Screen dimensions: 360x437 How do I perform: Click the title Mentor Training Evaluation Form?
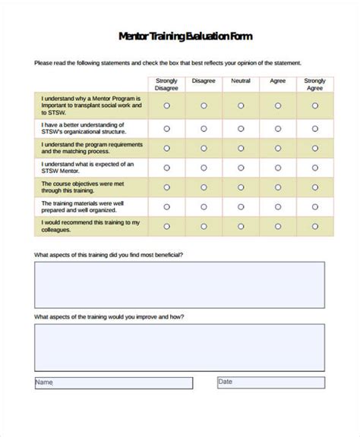point(185,36)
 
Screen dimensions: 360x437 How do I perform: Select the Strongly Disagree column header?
point(166,83)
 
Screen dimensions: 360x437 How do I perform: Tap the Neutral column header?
point(240,80)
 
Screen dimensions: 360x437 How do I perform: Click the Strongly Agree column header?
point(314,83)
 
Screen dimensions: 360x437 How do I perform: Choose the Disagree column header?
point(204,80)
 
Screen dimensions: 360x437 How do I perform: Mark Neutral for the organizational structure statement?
point(240,128)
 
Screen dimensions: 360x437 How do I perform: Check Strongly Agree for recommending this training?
point(314,225)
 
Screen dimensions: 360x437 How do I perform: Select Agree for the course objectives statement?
point(277,186)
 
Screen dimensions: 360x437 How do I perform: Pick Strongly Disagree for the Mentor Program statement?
point(166,105)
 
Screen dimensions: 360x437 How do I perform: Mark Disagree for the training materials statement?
point(204,206)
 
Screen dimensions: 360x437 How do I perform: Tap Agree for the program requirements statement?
point(277,148)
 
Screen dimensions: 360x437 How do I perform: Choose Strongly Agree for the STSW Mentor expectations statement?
point(314,167)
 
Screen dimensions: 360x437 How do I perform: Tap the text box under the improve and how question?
point(179,347)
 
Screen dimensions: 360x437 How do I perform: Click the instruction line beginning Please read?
point(168,63)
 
